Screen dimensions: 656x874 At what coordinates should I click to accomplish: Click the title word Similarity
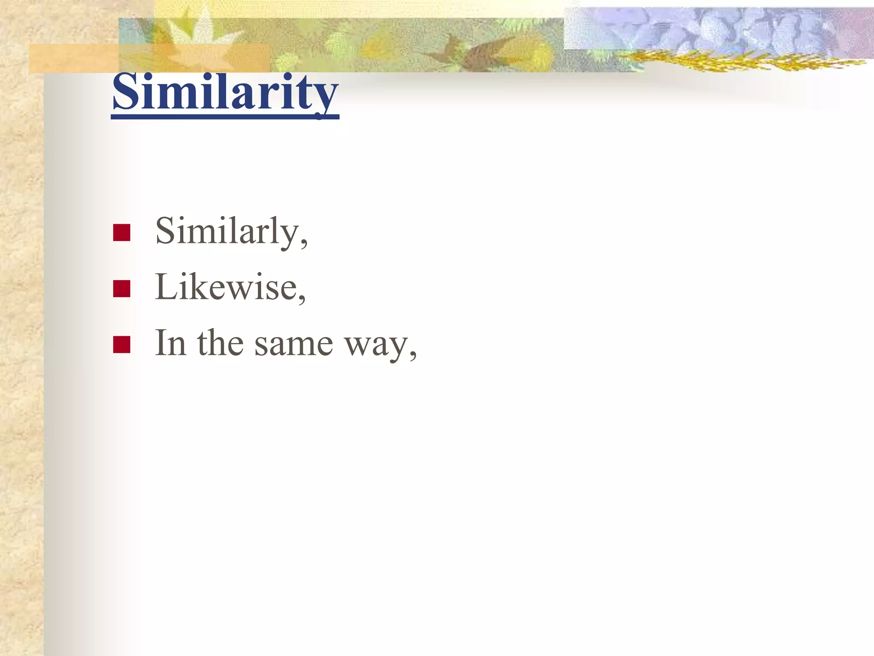tap(225, 92)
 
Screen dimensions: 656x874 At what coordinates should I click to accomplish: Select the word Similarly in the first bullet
tap(226, 231)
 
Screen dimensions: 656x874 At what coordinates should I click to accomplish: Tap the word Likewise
tap(225, 287)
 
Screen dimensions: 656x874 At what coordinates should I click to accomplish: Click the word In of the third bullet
tap(170, 343)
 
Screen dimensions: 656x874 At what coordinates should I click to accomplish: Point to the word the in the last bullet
tap(220, 343)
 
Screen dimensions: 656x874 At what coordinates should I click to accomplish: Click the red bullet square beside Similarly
tap(122, 233)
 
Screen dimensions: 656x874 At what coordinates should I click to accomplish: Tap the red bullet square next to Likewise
tap(122, 289)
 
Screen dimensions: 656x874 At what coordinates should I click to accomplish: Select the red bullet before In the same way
tap(122, 345)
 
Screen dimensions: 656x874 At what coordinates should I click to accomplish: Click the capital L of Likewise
tap(166, 287)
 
